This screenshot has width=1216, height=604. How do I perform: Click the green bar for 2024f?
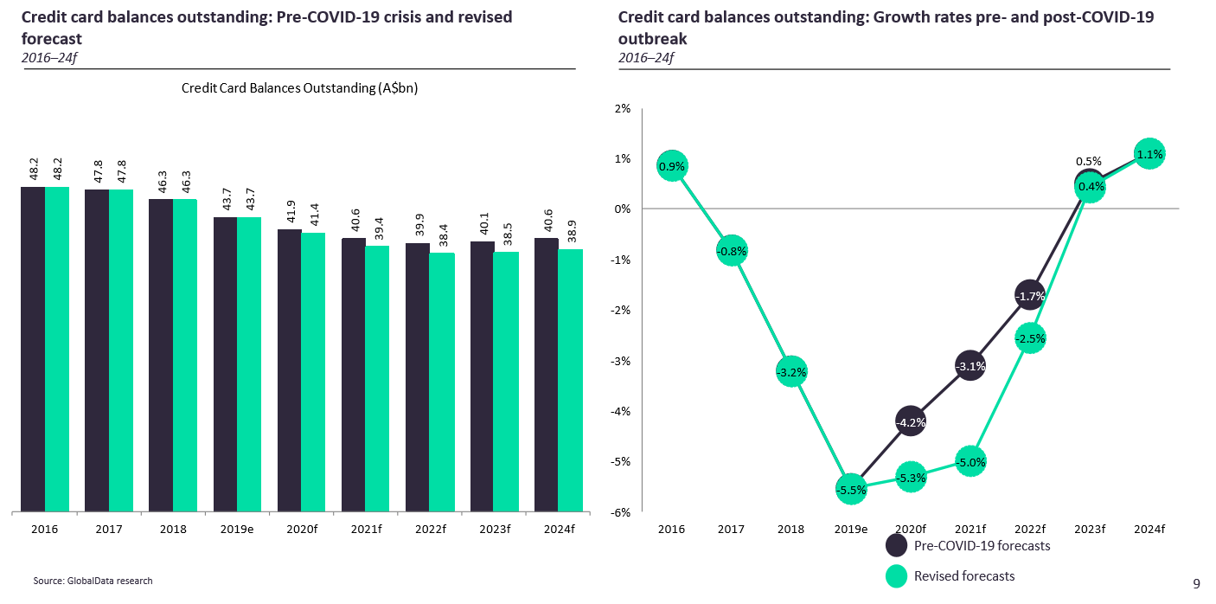pos(570,381)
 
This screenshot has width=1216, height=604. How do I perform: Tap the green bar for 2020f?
pos(313,372)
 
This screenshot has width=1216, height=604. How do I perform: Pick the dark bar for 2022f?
pos(418,377)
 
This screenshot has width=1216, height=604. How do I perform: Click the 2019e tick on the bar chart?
pos(237,529)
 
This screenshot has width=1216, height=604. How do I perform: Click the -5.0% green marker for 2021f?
pos(970,462)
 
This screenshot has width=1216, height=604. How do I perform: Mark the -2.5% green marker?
pos(1030,337)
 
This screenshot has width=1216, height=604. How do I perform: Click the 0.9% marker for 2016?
pos(672,165)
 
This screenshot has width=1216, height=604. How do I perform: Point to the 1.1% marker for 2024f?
pos(1149,155)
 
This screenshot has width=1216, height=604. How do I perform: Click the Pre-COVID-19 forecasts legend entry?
pos(968,545)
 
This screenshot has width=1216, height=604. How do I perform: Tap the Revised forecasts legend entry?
pos(950,576)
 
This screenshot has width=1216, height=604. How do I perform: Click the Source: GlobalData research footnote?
pos(86,581)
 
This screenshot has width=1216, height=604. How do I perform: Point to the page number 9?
pos(1196,583)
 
